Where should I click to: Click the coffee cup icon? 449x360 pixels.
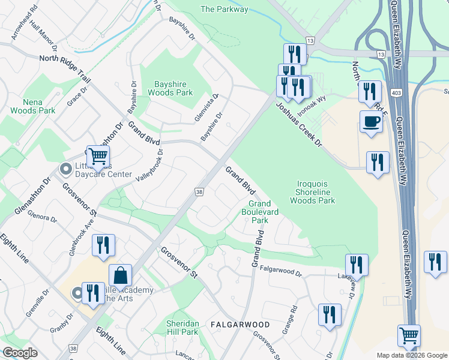pyautogui.click(x=370, y=122)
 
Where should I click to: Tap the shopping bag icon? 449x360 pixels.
pyautogui.click(x=121, y=276)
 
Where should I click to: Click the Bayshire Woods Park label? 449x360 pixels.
pyautogui.click(x=166, y=88)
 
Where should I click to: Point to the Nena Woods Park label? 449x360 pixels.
pyautogui.click(x=32, y=106)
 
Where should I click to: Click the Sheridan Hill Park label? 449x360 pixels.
pyautogui.click(x=182, y=328)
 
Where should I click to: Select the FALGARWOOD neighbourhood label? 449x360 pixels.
pyautogui.click(x=240, y=324)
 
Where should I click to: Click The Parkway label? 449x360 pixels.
pyautogui.click(x=224, y=9)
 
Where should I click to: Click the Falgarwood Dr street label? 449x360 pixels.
pyautogui.click(x=277, y=272)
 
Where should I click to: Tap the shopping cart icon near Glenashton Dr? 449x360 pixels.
pyautogui.click(x=98, y=156)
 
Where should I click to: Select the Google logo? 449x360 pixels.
pyautogui.click(x=20, y=353)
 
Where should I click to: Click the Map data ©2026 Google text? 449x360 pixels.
pyautogui.click(x=411, y=355)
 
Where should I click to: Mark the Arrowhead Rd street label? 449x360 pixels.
pyautogui.click(x=25, y=24)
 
